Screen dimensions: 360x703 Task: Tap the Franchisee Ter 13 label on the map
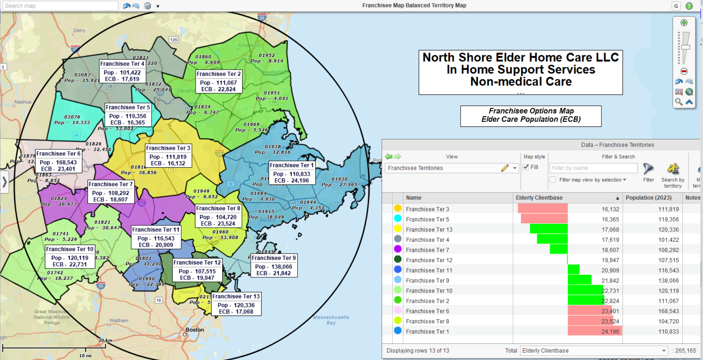pos(236,304)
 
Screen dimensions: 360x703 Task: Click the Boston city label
pos(195,330)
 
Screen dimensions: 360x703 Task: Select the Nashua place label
pos(23,102)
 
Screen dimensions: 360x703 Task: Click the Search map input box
pos(60,6)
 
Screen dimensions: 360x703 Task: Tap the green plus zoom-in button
pos(684,23)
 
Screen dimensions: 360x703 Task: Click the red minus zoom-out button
pos(684,71)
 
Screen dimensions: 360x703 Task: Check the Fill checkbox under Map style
pos(526,167)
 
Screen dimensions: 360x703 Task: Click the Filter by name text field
pos(593,168)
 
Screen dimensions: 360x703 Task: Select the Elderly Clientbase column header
pos(539,198)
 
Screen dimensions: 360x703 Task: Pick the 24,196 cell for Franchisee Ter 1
pos(610,331)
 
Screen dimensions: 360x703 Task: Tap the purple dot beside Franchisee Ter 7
pos(398,249)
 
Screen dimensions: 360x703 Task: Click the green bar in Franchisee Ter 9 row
pos(579,280)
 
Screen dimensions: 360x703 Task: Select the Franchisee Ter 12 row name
pos(429,260)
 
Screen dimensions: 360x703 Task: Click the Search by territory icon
pos(673,169)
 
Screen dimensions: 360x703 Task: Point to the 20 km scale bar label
pos(106,340)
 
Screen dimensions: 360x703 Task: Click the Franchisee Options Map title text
pos(531,111)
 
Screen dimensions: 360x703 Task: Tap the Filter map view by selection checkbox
pos(553,180)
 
